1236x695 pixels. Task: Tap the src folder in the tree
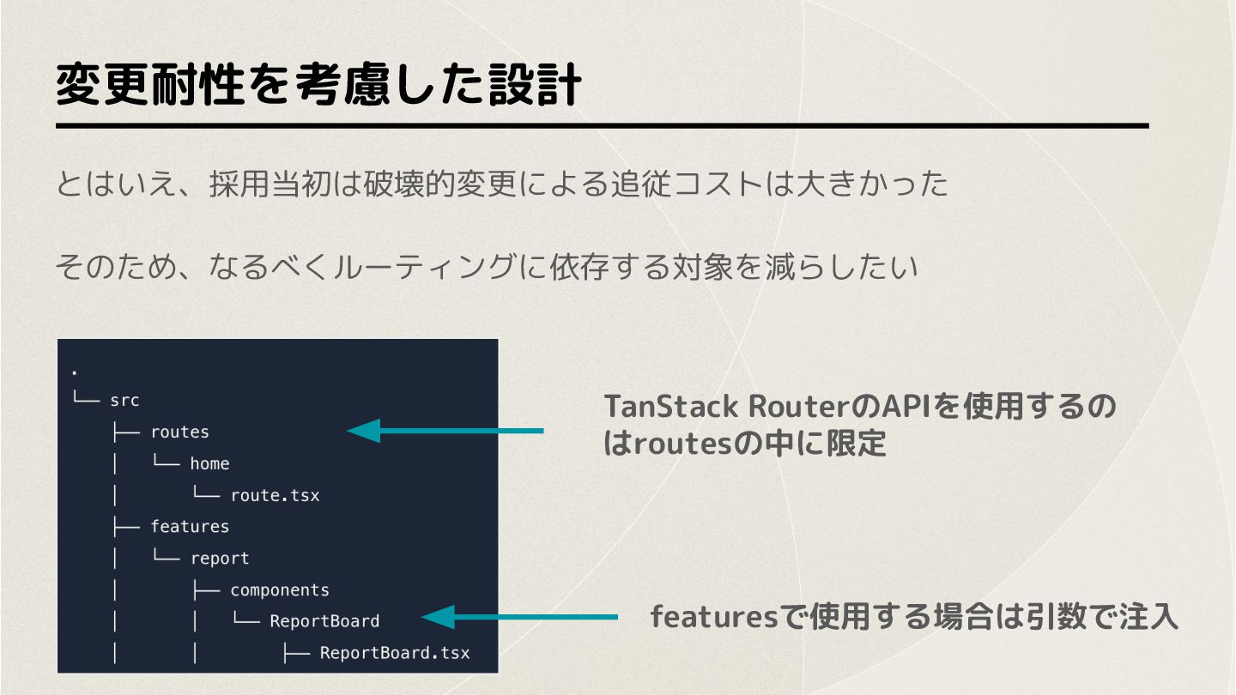pos(124,401)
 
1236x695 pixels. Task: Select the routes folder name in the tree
pos(179,432)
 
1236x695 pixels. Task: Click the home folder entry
pos(209,463)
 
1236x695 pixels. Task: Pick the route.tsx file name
pos(275,495)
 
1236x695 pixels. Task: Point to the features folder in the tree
pos(189,526)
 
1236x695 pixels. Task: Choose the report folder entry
pos(220,559)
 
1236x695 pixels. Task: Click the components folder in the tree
pos(279,590)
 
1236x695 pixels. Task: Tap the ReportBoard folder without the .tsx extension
pos(324,621)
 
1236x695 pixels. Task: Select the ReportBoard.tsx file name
pos(395,653)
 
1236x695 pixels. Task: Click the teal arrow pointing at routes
pos(445,430)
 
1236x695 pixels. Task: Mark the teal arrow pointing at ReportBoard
pos(519,617)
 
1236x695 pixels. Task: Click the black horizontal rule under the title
pos(602,126)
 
